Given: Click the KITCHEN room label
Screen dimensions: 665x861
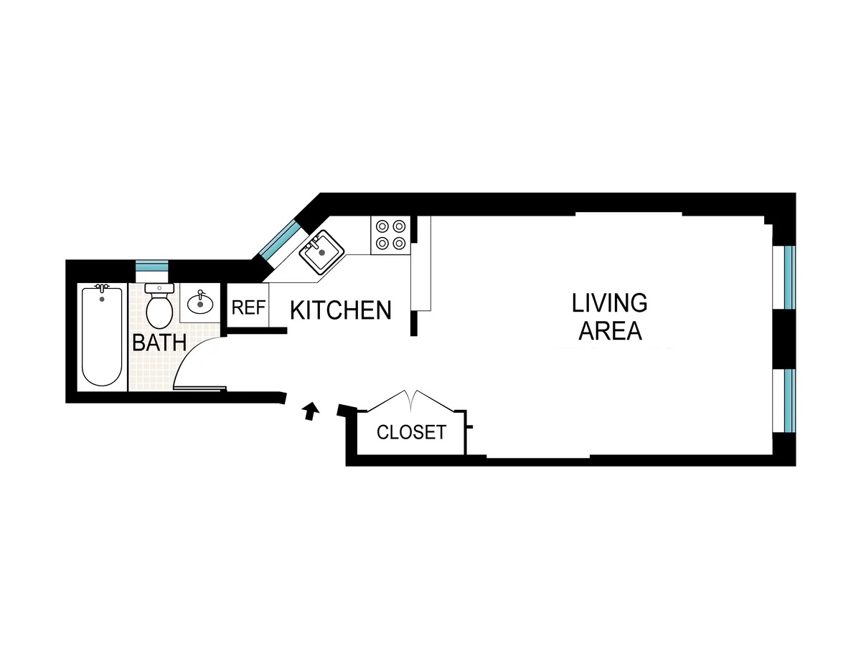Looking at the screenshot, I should (x=341, y=310).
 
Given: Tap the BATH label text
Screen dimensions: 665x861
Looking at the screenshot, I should (x=159, y=343).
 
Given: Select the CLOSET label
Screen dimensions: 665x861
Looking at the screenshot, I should (x=411, y=432).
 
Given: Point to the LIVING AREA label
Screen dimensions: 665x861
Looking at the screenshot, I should (x=609, y=317).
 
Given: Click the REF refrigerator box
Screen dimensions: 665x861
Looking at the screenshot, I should (x=248, y=308).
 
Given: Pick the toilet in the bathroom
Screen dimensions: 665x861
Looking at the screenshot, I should (x=159, y=306).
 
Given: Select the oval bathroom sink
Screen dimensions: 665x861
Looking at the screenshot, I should (x=200, y=304).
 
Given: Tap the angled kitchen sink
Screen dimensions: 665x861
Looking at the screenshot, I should (x=321, y=251).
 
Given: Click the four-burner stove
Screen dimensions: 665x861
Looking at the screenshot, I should (x=390, y=234).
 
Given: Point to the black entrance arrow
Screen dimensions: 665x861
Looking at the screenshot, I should (x=310, y=411).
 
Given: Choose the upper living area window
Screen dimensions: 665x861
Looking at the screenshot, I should (x=789, y=277).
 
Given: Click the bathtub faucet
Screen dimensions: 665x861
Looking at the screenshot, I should (x=101, y=290).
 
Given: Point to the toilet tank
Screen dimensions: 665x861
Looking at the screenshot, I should (x=159, y=288).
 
